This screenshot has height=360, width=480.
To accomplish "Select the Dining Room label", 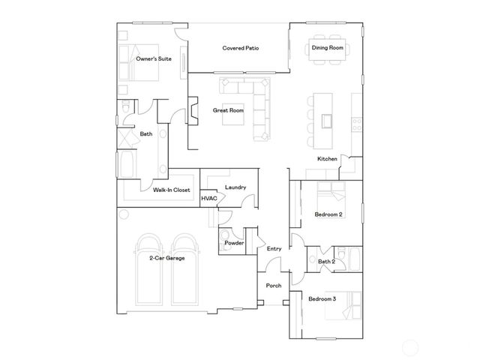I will click(327, 48).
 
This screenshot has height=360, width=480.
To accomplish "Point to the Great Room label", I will click(228, 110).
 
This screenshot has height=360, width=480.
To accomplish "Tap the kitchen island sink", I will click(327, 120).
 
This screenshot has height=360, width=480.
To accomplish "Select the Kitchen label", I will click(327, 159).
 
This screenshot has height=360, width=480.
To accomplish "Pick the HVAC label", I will click(209, 198).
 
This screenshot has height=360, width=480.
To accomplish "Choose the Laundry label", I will click(235, 187).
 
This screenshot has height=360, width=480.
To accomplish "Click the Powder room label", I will click(235, 243).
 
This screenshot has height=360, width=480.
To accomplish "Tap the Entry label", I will click(274, 249).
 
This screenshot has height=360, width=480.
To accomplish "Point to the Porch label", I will click(274, 285).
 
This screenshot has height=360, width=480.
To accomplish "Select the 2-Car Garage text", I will click(166, 257).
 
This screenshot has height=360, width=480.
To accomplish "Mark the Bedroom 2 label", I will click(328, 214).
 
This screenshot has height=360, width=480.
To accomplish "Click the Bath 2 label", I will click(325, 261).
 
